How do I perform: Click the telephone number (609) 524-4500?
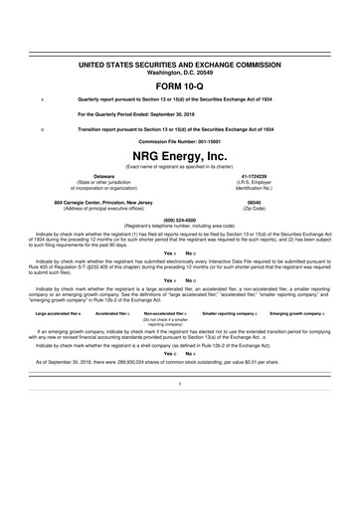point(180,221)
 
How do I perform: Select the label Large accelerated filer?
point(58,341)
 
